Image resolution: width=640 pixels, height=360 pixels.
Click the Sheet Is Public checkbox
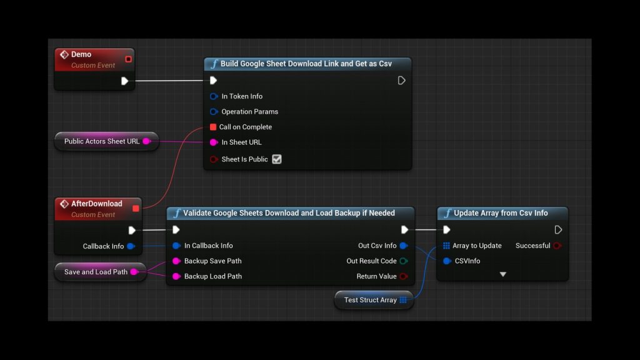point(277,159)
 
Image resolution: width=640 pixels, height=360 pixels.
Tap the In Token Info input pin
point(214,96)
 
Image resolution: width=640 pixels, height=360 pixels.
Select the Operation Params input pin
point(214,112)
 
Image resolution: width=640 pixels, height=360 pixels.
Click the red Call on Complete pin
point(213,127)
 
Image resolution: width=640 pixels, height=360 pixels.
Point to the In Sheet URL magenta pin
point(214,142)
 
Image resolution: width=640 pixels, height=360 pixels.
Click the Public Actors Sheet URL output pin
point(146,141)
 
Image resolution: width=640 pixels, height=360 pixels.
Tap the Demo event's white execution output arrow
point(124,81)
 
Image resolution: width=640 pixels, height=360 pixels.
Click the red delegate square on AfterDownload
point(136,208)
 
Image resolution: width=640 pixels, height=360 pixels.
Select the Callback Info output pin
point(131,246)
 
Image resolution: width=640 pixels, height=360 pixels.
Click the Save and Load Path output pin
point(134,272)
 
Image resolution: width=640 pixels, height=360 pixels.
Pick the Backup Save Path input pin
point(176,261)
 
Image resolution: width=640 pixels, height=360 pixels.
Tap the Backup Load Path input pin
point(176,276)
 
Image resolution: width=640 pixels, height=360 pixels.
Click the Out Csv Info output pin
point(404,246)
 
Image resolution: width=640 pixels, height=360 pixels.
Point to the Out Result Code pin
point(404,261)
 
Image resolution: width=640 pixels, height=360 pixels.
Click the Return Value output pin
point(404,276)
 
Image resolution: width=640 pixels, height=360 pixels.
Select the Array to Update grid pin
point(446,246)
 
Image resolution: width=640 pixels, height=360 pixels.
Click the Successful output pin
point(557,246)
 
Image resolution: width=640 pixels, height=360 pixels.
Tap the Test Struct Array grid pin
point(403,300)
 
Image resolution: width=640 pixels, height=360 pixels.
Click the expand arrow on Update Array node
point(502,274)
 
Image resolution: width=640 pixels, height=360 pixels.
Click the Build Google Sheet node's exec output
point(402,81)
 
